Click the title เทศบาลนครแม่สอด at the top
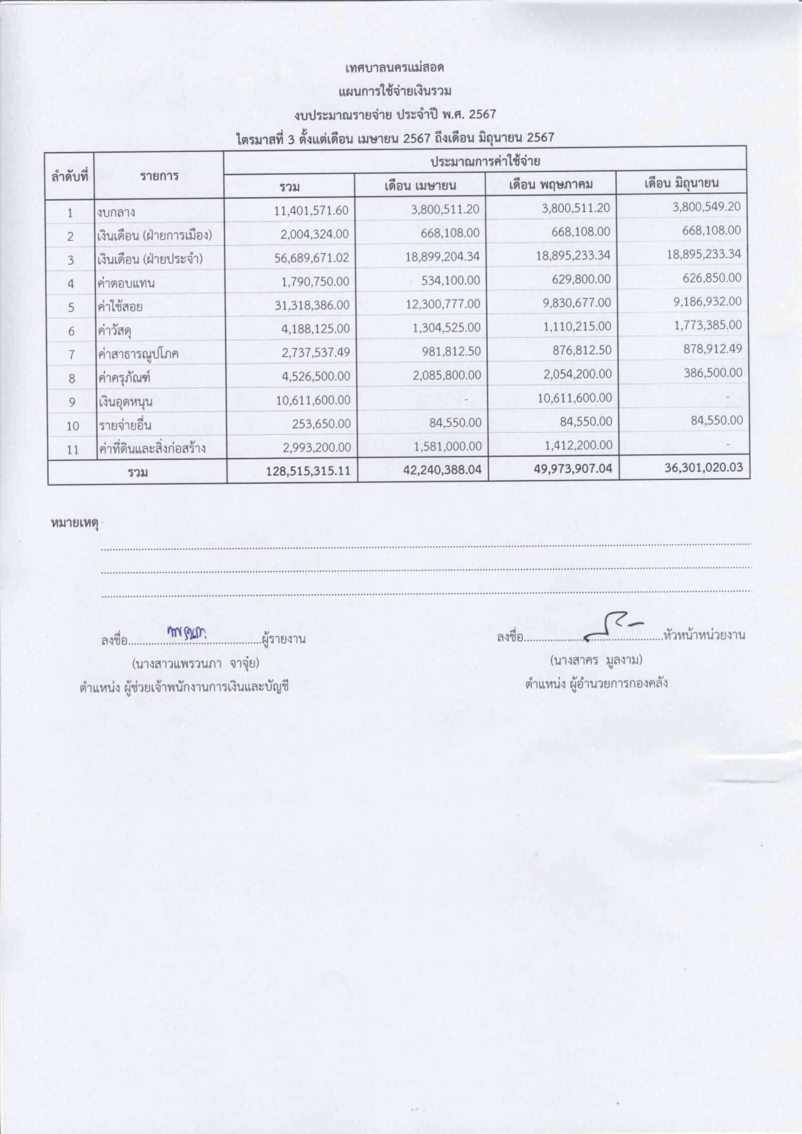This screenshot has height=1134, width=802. point(395,67)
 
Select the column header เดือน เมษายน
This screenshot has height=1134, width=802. point(420,186)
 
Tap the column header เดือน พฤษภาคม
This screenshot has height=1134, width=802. point(551,185)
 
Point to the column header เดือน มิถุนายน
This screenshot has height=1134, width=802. point(681,183)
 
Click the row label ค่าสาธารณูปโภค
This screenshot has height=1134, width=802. point(138,355)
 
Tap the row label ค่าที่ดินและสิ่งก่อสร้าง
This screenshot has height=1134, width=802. point(151,448)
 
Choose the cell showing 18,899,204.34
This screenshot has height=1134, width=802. point(443,257)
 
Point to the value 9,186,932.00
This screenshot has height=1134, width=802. point(704,302)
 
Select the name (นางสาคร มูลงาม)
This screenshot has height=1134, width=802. point(596,660)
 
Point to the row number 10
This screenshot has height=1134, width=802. point(72,426)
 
